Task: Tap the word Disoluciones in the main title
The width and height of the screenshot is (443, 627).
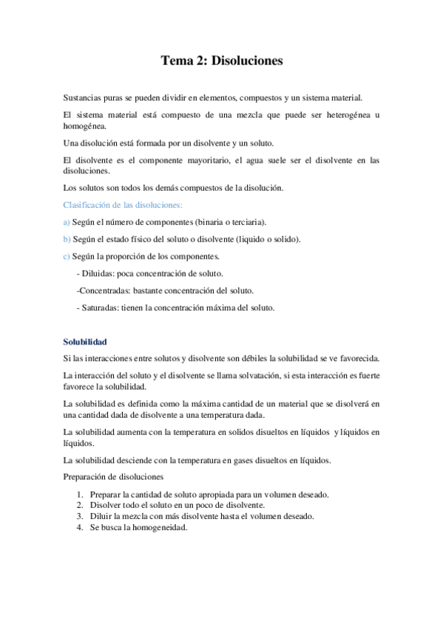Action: click(x=247, y=61)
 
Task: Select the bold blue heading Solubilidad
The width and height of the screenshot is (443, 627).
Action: click(x=85, y=342)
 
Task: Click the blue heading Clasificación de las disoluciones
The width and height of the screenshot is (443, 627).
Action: click(x=123, y=204)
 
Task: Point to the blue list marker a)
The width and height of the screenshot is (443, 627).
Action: click(x=67, y=222)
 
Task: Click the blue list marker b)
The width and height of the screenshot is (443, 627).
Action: click(x=67, y=239)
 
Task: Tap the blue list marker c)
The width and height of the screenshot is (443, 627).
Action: click(x=67, y=257)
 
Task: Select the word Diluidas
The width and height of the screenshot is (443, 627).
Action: click(x=98, y=274)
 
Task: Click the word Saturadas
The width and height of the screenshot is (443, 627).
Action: click(x=101, y=308)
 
